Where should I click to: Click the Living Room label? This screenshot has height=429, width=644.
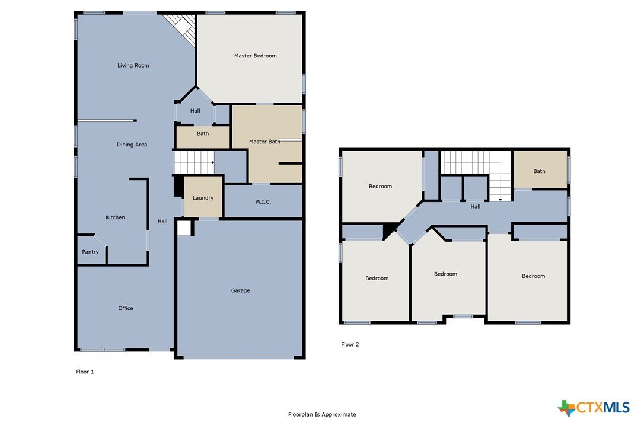tap(133, 65)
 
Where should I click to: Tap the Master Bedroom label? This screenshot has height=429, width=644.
tap(255, 56)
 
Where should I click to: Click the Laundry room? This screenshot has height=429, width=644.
tap(203, 197)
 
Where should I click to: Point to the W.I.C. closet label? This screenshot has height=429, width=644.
tap(263, 202)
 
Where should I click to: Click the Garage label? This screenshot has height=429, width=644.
tap(240, 291)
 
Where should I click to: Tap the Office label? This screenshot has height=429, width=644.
tap(126, 308)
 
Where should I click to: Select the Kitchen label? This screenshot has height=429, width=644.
tap(115, 217)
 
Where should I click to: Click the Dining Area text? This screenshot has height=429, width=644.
tap(132, 145)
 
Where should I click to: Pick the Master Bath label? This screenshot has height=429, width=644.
tap(264, 142)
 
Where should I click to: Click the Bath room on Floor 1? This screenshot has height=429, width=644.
tap(203, 137)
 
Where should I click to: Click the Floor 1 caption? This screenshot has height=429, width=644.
tap(85, 372)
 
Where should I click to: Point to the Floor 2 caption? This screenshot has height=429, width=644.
tap(350, 345)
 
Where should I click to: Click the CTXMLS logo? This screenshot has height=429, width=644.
tap(594, 408)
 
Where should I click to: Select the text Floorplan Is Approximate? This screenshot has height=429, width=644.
tap(322, 415)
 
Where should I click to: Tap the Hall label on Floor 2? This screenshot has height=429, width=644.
tap(475, 207)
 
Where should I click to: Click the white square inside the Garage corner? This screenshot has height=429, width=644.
tap(184, 229)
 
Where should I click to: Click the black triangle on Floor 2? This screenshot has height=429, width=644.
tap(388, 230)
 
